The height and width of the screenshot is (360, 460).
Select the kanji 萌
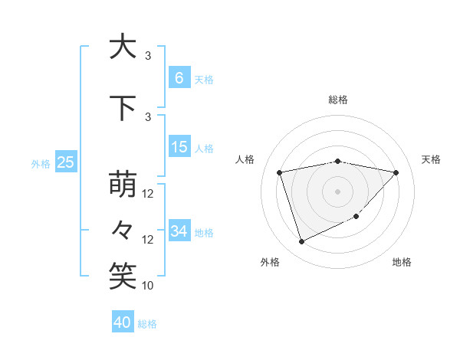123,185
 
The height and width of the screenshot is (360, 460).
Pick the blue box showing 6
179,78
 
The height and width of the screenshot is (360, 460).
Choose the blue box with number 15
179,147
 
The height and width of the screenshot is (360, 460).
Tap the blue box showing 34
179,231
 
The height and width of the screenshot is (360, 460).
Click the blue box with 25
66,162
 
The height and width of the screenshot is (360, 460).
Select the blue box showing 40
123,322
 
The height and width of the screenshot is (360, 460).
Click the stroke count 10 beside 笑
148,286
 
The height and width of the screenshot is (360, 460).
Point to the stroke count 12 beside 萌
148,194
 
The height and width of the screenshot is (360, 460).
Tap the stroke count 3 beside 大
148,56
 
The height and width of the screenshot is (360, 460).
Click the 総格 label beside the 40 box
148,324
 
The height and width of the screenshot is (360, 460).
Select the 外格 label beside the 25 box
41,163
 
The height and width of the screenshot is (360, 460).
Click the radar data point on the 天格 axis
396,172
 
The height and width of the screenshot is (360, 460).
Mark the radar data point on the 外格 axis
301,242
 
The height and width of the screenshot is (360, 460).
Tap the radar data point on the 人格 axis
280,172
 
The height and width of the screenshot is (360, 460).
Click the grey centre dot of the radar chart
337,191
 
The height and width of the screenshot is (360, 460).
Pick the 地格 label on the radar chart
402,262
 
